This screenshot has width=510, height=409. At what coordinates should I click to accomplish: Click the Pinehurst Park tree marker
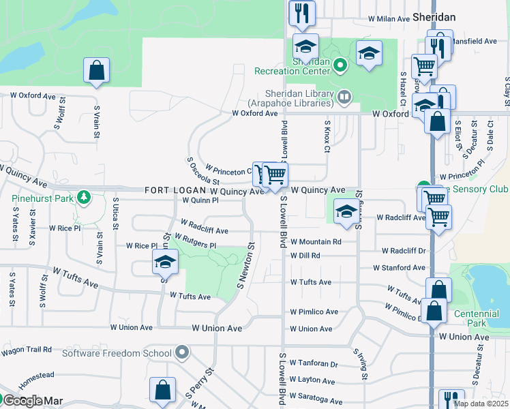[x=84, y=198]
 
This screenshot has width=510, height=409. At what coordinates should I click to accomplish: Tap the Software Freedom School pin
[x=181, y=352]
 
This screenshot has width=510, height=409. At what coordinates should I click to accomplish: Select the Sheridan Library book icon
[x=345, y=98]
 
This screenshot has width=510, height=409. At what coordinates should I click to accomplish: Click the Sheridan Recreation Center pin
[x=341, y=66]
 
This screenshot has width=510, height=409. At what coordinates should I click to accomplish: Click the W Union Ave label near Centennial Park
[x=464, y=337]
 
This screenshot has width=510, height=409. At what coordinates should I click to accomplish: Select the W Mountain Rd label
[x=316, y=241]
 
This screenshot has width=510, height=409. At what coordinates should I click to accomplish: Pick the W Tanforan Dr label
[x=314, y=364]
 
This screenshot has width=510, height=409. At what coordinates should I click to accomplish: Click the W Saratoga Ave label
[x=316, y=400]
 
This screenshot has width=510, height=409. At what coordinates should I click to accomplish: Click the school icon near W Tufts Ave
[x=164, y=262]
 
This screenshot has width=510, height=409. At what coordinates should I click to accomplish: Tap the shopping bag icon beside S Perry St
[x=163, y=391]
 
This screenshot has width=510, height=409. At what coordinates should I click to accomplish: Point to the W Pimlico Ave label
[x=314, y=312]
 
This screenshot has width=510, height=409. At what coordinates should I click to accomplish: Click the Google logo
[x=22, y=401]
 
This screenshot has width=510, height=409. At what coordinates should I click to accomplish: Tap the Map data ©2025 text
[x=481, y=404]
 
